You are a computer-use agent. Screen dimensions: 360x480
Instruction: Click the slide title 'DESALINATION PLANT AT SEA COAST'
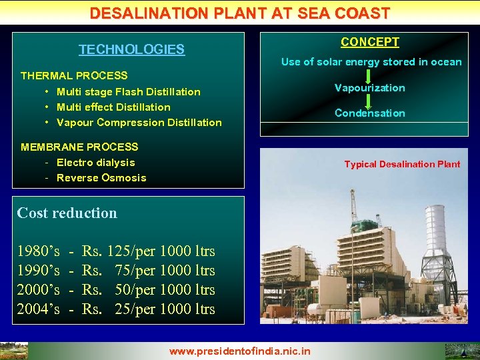click(240, 13)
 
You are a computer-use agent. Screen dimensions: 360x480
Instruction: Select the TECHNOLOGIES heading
click(131, 49)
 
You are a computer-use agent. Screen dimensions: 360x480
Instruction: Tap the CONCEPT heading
click(370, 42)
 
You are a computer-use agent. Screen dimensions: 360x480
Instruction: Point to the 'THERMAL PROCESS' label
click(74, 75)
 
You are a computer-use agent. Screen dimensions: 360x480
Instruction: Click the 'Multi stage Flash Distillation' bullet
click(128, 91)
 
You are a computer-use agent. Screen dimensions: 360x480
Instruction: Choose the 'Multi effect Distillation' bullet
click(113, 107)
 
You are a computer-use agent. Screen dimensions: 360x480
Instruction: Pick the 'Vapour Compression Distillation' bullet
click(139, 122)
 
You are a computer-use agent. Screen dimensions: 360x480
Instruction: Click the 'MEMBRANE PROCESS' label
click(79, 147)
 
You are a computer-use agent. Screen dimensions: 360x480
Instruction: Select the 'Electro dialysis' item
click(95, 162)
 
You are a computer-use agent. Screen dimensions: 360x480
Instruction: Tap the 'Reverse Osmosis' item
click(101, 177)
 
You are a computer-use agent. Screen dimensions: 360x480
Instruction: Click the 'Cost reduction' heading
click(67, 213)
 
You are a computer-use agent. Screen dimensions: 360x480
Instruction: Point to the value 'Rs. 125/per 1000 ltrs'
click(148, 251)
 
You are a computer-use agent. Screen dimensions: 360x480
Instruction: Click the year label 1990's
click(38, 271)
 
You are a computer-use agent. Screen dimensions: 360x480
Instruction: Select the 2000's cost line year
click(38, 290)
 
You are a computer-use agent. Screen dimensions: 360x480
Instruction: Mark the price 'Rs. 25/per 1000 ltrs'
click(148, 309)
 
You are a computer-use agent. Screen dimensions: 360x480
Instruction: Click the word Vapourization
click(369, 88)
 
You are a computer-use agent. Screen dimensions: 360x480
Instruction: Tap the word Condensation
click(369, 113)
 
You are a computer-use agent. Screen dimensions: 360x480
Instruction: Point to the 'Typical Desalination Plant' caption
click(402, 164)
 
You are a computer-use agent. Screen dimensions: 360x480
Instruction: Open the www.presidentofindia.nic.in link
click(240, 351)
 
